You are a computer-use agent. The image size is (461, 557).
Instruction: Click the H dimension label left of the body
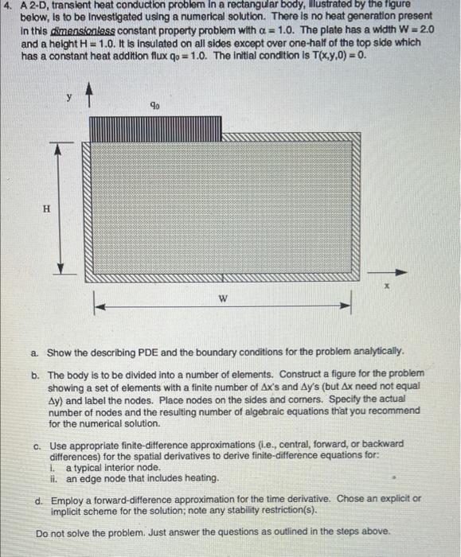[x=47, y=208]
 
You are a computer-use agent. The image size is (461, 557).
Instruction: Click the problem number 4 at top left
[x=6, y=6]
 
